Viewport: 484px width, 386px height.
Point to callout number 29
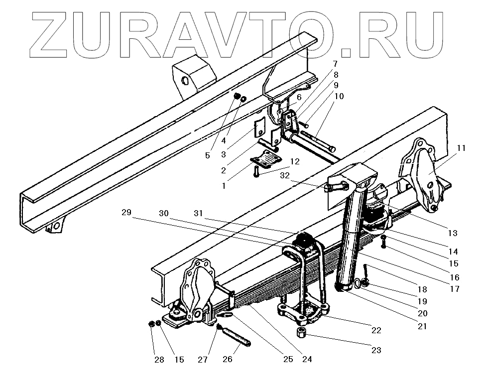click(x=126, y=212)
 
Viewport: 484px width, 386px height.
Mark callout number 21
click(x=422, y=326)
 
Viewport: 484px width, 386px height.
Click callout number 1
click(x=224, y=186)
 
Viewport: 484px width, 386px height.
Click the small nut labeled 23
click(x=301, y=332)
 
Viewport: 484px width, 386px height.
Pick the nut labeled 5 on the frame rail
click(x=237, y=96)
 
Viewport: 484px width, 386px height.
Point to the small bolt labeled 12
click(x=255, y=173)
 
